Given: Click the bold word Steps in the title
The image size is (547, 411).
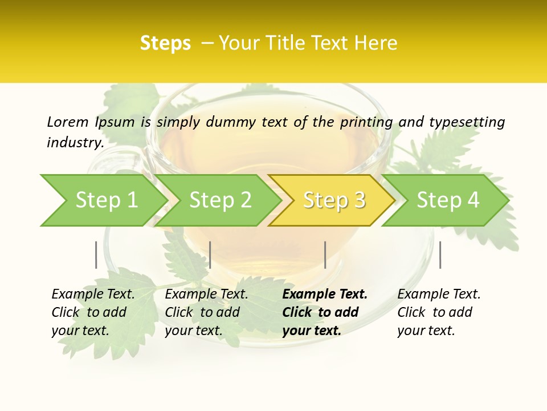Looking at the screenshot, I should coord(165,43).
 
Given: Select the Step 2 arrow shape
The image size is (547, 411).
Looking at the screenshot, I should coord(220,200).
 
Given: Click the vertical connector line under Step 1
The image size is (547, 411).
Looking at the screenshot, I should coord(96,255).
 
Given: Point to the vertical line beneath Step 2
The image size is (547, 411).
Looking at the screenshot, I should coord(210,255).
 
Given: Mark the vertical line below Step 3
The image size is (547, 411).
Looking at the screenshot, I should coord(325,255).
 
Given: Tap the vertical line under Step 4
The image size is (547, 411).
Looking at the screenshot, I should coord(440,255).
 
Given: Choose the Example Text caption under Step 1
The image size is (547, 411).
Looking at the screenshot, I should coord(93,312).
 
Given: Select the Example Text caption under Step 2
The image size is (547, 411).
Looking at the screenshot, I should coord(206,312).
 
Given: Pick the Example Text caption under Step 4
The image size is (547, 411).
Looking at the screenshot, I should coord(439,312).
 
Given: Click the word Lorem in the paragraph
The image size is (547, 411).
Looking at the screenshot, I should coord(67,122).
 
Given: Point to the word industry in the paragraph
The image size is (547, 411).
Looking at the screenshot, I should coord(75,143).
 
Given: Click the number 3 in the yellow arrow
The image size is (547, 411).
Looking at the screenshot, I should coord(359,200).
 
